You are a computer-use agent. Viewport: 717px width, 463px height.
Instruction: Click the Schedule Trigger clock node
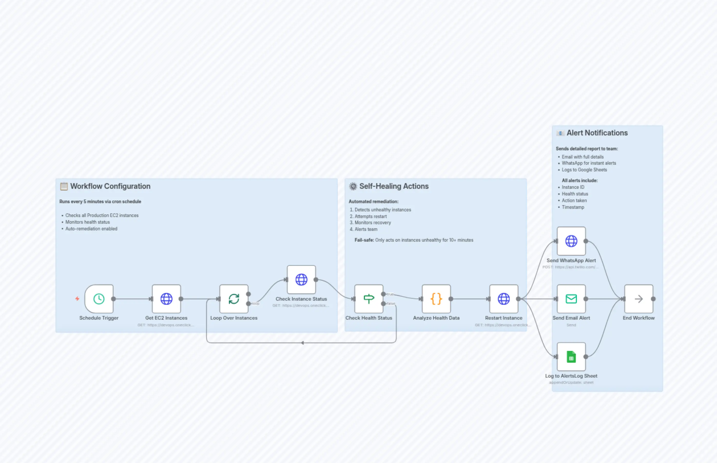[99, 299]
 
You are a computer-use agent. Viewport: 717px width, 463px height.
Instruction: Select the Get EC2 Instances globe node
[166, 299]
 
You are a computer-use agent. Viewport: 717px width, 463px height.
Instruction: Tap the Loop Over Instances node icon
[234, 299]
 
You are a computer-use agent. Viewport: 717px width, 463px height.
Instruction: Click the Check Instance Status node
[301, 280]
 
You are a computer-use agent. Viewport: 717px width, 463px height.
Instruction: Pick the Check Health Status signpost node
[369, 299]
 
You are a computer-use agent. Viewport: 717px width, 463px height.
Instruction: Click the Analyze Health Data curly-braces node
[436, 299]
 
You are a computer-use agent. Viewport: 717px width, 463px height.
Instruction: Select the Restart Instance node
[503, 299]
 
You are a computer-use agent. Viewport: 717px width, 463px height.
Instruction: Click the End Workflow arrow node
[638, 299]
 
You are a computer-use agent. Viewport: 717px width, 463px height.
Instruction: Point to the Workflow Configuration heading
[110, 186]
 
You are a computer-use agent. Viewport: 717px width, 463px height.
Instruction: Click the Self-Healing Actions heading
[394, 186]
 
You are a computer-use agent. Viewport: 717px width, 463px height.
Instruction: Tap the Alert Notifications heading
[597, 133]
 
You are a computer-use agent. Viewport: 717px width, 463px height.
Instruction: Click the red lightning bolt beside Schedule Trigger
[77, 299]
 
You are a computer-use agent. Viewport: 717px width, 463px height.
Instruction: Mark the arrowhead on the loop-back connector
[302, 343]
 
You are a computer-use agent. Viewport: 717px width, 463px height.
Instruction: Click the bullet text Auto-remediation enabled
[91, 229]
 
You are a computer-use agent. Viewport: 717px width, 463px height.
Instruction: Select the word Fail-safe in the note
[364, 240]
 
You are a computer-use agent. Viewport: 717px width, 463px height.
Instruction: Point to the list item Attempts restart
[371, 216]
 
